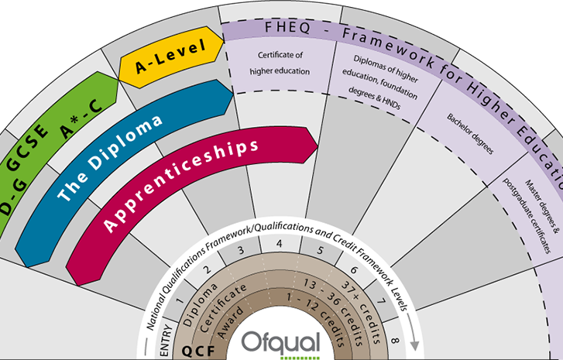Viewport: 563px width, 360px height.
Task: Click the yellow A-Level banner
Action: [x=170, y=57]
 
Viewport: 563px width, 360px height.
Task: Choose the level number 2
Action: [x=207, y=269]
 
